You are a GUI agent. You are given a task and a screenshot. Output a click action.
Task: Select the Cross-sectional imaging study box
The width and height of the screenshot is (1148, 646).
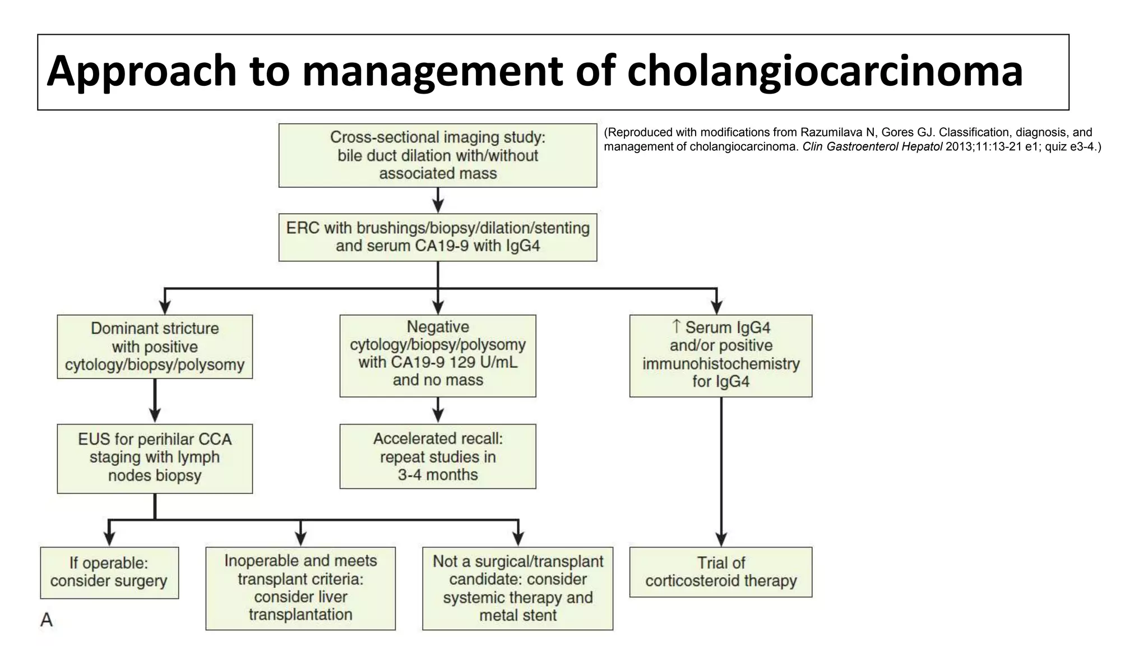click(437, 155)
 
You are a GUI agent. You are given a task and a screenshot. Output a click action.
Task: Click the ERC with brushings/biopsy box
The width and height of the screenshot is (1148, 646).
click(437, 237)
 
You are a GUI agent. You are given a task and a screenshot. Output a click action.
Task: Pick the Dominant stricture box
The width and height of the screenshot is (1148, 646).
click(155, 347)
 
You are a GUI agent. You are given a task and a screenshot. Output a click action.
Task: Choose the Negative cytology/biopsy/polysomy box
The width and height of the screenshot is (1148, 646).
click(437, 356)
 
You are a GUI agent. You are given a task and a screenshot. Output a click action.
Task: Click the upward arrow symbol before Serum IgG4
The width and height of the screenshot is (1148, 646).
click(676, 326)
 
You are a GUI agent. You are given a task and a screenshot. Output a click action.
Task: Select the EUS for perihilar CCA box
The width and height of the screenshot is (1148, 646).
click(155, 458)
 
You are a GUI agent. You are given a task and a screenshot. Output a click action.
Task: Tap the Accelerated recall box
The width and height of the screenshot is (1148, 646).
click(437, 456)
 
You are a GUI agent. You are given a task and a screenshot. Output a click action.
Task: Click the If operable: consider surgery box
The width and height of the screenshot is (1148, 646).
click(109, 573)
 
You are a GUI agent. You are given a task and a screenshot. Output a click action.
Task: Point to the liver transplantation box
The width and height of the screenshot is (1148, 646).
click(300, 588)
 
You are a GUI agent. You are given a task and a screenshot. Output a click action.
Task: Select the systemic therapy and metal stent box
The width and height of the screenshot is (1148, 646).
click(517, 588)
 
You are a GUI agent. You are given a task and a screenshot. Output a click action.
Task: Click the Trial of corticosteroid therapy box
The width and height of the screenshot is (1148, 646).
click(720, 572)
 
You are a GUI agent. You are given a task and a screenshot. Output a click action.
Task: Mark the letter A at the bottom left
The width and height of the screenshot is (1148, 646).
click(47, 620)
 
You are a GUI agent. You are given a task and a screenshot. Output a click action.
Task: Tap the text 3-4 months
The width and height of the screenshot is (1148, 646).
click(437, 475)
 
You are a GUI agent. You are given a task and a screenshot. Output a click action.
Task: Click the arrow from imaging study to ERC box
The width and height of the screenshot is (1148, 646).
click(438, 200)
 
